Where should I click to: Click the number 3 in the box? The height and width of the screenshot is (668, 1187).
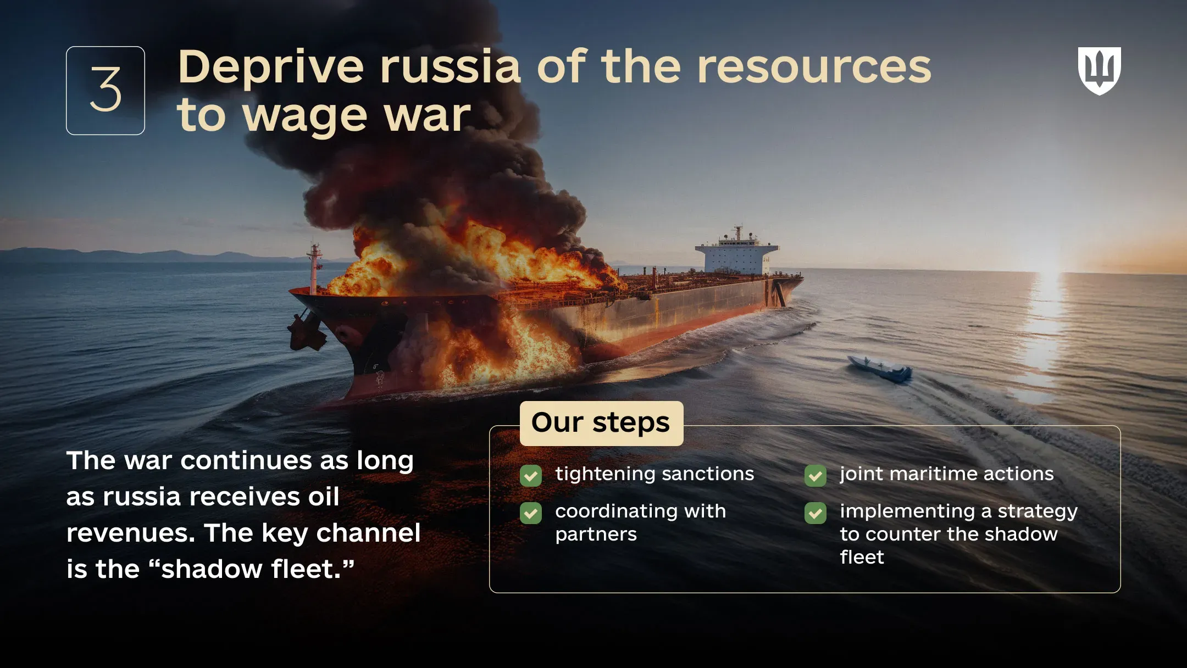click(x=106, y=90)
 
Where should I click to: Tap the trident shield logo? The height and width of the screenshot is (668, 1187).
click(x=1099, y=70)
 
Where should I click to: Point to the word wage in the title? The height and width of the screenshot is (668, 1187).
click(x=304, y=116)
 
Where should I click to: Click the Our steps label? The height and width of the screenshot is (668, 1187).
click(x=601, y=423)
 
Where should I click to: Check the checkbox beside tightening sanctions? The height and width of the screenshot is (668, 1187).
click(x=531, y=476)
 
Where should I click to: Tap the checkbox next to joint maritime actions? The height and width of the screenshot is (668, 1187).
click(x=816, y=476)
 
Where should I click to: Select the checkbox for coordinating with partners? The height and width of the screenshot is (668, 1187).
click(x=531, y=513)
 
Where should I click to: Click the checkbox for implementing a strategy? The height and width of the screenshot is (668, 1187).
click(x=816, y=513)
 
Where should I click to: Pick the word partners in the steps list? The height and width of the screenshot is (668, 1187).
click(x=596, y=535)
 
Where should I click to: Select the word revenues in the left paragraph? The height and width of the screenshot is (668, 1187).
click(x=130, y=533)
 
